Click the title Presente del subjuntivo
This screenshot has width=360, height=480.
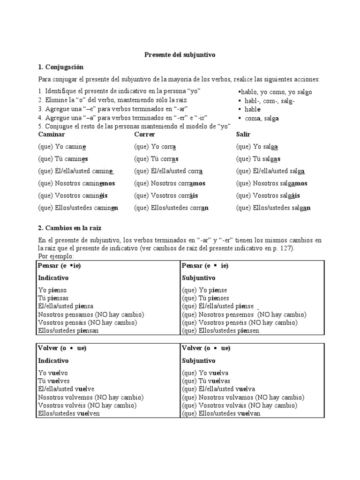(x=179, y=55)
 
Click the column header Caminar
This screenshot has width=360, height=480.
(x=52, y=135)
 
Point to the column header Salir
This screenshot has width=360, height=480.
(x=243, y=135)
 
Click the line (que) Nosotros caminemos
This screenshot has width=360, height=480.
(x=76, y=183)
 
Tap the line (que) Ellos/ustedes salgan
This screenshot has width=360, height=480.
(x=273, y=208)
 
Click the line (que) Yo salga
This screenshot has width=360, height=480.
(x=257, y=147)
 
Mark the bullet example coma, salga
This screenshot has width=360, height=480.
(x=261, y=119)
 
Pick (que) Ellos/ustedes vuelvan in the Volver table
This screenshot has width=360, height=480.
(x=221, y=413)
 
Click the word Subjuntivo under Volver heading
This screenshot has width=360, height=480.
(x=198, y=360)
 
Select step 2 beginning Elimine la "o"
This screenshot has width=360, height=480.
(x=112, y=101)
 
